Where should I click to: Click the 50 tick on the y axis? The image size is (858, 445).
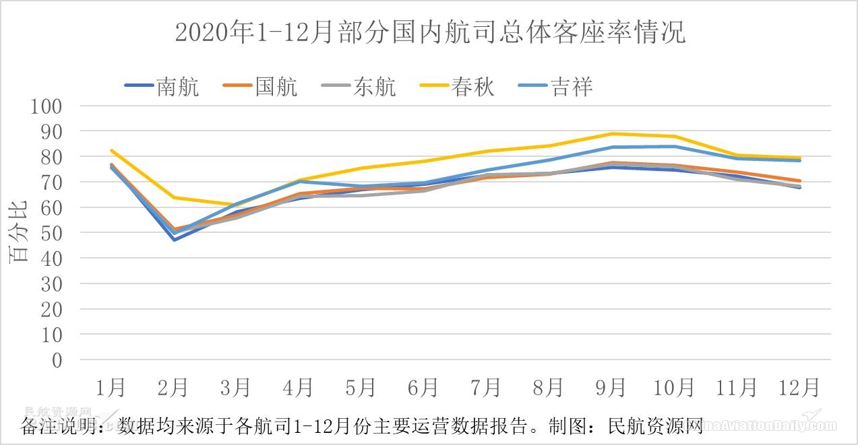point(52,233)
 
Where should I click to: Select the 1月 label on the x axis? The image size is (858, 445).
point(111,388)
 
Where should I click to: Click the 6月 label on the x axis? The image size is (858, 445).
point(423,388)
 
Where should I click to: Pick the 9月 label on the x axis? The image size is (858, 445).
point(611,388)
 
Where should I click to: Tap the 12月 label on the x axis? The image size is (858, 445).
point(799,388)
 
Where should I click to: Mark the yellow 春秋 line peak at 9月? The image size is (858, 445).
point(611,133)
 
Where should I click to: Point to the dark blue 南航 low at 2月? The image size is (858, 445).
point(174,240)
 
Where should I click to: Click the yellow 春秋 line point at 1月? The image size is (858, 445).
point(111,150)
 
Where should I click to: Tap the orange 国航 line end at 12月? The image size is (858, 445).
point(799,180)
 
